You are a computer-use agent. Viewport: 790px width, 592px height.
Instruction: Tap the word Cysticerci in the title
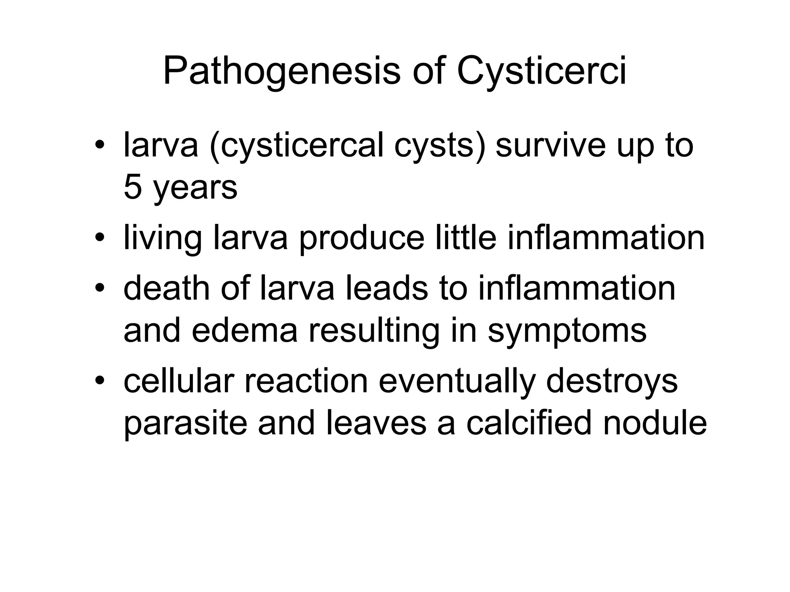coord(541,72)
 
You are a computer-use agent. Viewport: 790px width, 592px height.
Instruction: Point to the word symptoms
coord(567,331)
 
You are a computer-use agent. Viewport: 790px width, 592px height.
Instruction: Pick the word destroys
coord(612,382)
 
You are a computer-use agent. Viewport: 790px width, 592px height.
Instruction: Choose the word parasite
coord(185,424)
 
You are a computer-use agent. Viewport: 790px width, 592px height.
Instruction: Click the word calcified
coord(528,423)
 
